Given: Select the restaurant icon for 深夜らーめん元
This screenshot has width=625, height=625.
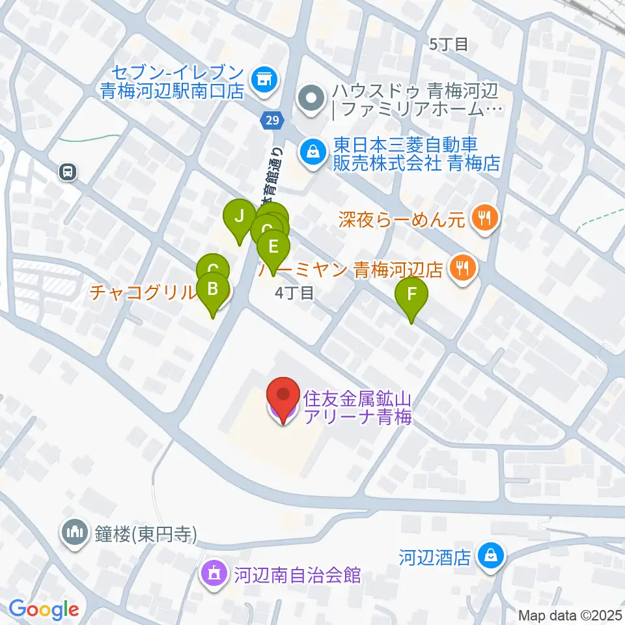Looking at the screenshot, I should (x=484, y=217).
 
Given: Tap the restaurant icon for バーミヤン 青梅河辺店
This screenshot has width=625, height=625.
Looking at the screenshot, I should (x=464, y=268).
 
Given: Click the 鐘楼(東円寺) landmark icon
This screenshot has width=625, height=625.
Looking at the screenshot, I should (x=74, y=533).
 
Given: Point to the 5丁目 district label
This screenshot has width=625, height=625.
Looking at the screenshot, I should (x=450, y=44).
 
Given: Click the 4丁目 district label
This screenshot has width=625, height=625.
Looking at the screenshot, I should (x=294, y=294).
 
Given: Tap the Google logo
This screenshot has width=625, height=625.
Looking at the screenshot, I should (x=44, y=610).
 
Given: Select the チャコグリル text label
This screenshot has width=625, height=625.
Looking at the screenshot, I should (x=143, y=292).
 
